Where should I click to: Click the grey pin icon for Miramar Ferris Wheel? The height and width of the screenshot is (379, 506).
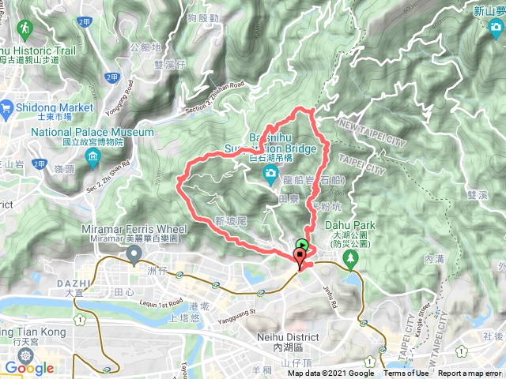134,254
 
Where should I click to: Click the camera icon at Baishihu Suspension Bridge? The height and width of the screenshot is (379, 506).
270,173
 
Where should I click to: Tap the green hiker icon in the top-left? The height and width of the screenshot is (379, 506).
25,29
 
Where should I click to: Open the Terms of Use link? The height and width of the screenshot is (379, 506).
406,373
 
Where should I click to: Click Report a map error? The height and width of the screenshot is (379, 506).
471,373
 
